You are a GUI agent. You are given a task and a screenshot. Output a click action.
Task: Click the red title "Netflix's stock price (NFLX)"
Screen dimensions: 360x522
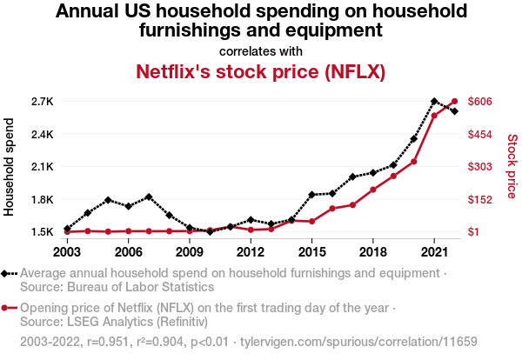(x=261, y=70)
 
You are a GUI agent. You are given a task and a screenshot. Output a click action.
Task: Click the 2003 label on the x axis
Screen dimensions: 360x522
(x=67, y=252)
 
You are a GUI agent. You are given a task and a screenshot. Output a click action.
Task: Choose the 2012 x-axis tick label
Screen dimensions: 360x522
(x=251, y=252)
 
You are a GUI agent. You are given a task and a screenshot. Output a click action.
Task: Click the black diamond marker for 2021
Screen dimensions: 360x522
(x=434, y=102)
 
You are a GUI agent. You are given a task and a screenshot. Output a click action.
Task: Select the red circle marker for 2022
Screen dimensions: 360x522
(x=454, y=102)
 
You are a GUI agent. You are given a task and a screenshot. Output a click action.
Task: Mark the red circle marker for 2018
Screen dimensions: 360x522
(x=373, y=190)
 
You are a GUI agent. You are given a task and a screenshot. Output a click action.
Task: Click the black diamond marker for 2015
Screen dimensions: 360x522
(x=311, y=195)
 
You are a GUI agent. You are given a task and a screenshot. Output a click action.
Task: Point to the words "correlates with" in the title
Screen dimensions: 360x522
(x=261, y=50)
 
